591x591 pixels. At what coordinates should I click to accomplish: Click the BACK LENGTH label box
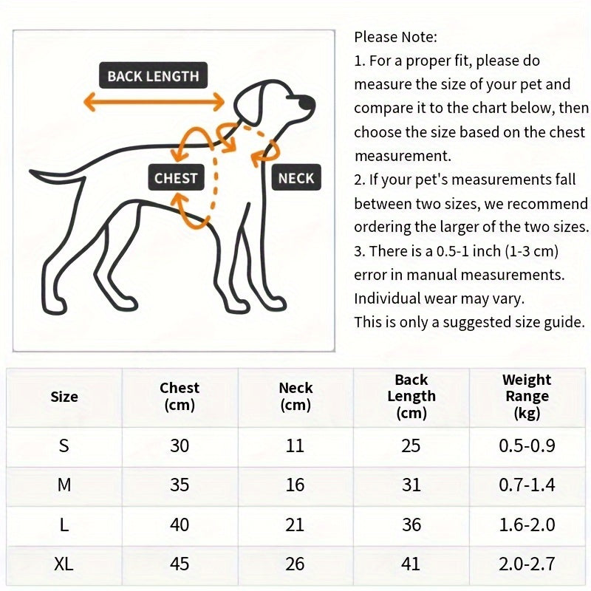pyautogui.click(x=153, y=76)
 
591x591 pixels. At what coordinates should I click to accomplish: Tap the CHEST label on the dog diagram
pyautogui.click(x=176, y=178)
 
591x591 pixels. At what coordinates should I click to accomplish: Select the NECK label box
pyautogui.click(x=296, y=178)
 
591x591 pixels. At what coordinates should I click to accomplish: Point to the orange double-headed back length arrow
pyautogui.click(x=154, y=101)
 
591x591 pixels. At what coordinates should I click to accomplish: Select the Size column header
pyautogui.click(x=64, y=397)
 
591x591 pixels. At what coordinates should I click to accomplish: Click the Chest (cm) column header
pyautogui.click(x=180, y=396)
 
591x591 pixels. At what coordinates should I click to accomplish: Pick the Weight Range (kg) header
pyautogui.click(x=527, y=396)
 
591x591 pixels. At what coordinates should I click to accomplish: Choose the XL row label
pyautogui.click(x=64, y=564)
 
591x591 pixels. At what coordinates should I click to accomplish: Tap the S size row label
pyautogui.click(x=64, y=445)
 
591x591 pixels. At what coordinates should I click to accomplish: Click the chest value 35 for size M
pyautogui.click(x=180, y=485)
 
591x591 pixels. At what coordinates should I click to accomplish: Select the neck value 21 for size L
pyautogui.click(x=295, y=525)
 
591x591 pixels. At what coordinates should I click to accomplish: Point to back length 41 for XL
pyautogui.click(x=411, y=564)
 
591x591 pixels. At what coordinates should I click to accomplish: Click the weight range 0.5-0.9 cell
pyautogui.click(x=527, y=445)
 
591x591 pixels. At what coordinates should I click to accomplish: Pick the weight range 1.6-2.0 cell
pyautogui.click(x=527, y=525)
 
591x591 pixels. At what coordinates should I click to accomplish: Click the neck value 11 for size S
pyautogui.click(x=295, y=445)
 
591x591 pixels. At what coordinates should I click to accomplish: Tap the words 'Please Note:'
pyautogui.click(x=396, y=37)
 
